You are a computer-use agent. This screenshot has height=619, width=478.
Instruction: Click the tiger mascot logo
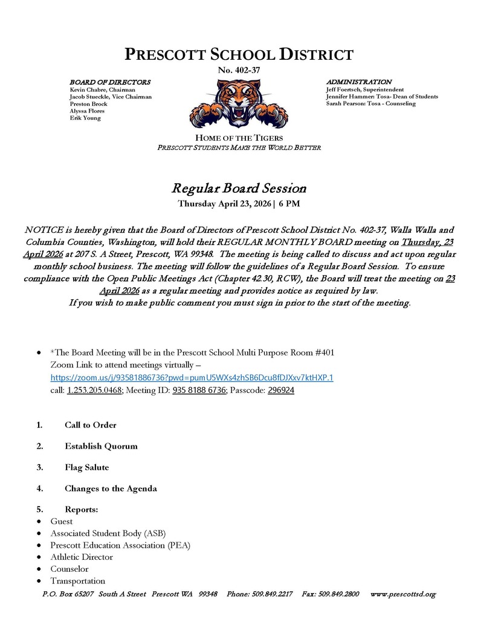(x=238, y=104)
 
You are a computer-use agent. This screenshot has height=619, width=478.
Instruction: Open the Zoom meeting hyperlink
(x=192, y=378)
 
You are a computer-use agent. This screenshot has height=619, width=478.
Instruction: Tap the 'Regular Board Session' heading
(x=239, y=188)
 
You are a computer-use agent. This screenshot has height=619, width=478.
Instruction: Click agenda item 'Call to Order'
(x=91, y=425)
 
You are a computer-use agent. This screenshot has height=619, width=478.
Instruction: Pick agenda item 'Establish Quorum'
(x=101, y=446)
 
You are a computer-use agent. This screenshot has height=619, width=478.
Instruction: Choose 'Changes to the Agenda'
(x=111, y=488)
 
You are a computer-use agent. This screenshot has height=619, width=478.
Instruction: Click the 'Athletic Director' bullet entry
(x=82, y=557)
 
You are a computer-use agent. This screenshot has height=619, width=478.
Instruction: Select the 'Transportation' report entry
(x=78, y=581)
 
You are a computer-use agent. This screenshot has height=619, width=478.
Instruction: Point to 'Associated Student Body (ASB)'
(x=108, y=533)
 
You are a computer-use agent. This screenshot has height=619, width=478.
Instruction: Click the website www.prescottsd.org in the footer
(x=402, y=594)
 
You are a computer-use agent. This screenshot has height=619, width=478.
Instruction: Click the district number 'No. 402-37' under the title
(x=239, y=71)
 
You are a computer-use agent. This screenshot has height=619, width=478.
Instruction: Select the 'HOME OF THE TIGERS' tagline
(x=239, y=138)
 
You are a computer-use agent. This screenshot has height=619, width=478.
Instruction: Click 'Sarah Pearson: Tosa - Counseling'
(x=371, y=103)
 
